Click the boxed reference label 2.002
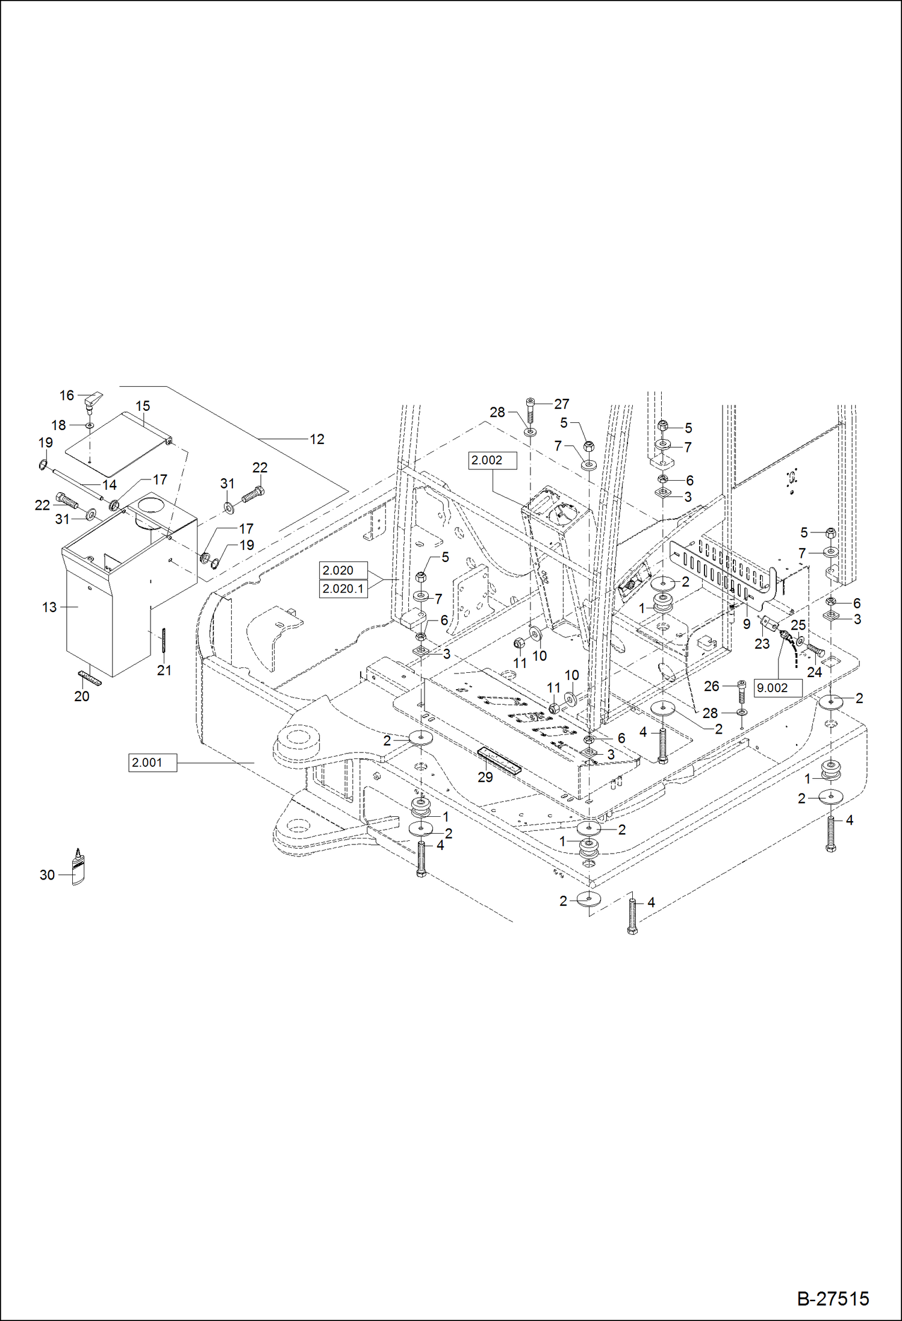(x=492, y=460)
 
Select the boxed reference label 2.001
(x=152, y=763)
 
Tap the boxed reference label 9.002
(x=777, y=688)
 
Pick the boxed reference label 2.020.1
(x=343, y=589)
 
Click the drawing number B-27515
(x=833, y=1298)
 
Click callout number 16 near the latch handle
(x=66, y=396)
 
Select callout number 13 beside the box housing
(x=49, y=607)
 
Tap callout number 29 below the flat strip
(x=485, y=777)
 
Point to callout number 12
(x=317, y=440)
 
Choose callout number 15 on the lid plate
(x=143, y=407)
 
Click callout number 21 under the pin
(x=164, y=670)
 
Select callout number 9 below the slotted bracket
(x=747, y=624)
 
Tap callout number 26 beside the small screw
(x=712, y=686)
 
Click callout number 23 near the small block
(x=762, y=644)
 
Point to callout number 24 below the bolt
(x=814, y=672)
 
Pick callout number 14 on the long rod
(x=109, y=485)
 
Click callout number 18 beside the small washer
(x=58, y=425)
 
